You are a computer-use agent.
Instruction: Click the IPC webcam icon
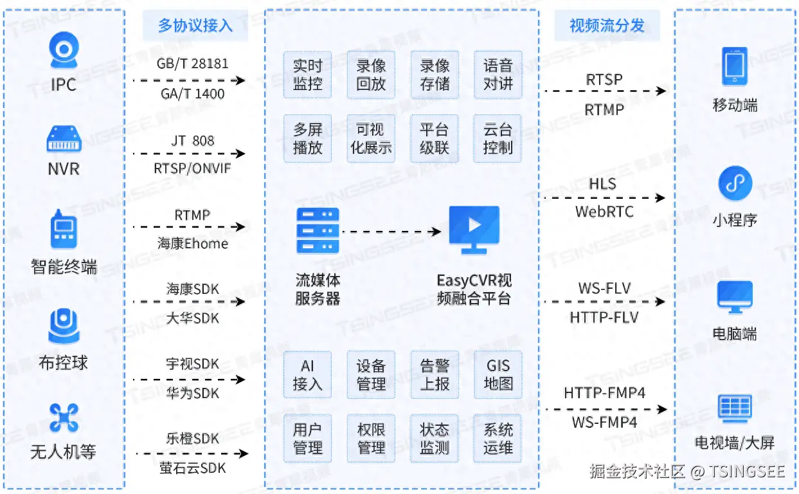64,50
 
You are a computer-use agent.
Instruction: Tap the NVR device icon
64,138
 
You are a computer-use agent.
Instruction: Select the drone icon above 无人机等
64,417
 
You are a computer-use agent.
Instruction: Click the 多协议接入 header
195,25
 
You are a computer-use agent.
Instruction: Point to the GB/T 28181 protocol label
192,64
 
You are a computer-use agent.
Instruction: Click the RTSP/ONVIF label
192,168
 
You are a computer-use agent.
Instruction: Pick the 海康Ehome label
193,243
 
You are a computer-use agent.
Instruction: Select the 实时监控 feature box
307,75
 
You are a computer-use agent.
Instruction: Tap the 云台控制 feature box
498,138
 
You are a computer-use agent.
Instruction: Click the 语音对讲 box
498,75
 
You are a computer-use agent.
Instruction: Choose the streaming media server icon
318,230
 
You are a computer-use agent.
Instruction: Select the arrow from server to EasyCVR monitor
391,232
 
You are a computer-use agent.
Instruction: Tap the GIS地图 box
498,374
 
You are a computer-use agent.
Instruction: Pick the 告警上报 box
435,374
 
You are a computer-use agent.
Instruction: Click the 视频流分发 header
607,25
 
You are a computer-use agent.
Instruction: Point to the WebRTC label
604,212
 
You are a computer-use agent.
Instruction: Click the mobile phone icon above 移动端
735,66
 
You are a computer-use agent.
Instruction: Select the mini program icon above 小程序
735,183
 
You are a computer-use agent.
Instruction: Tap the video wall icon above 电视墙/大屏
735,408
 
